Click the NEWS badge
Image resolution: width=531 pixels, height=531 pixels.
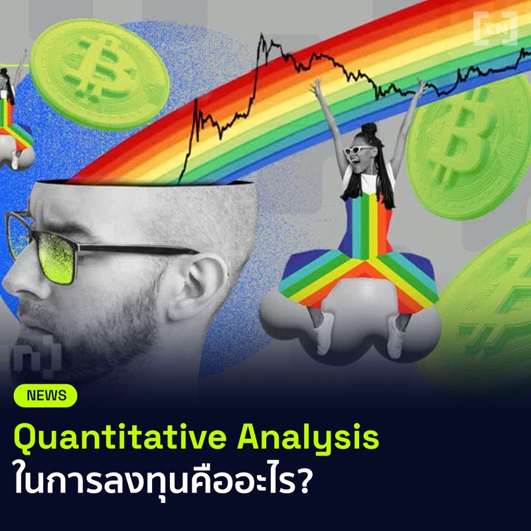point(45,396)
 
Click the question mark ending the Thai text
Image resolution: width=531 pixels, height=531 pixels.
point(303,480)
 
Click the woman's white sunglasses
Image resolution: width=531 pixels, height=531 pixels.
point(358,149)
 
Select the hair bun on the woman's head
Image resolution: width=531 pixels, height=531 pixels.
point(368,129)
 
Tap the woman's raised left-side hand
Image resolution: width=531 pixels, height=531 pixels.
point(317,87)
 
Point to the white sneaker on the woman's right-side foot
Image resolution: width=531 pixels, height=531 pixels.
point(396,337)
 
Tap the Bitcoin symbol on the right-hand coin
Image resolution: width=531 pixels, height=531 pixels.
point(467,146)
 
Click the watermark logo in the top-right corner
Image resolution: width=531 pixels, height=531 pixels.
point(495,29)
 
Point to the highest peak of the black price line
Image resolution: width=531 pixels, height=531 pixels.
point(262,34)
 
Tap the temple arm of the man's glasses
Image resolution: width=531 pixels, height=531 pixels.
point(135,250)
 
